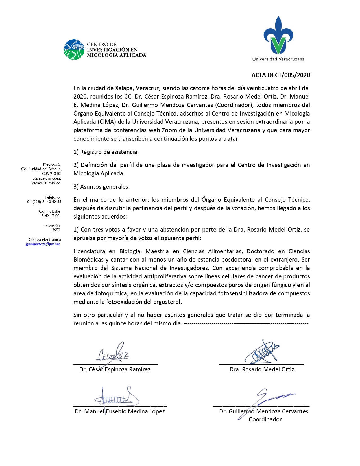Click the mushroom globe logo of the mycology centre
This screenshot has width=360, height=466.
[x=74, y=49]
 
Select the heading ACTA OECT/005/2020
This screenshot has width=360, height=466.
[x=281, y=75]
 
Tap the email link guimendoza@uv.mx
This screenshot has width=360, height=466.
[x=43, y=244]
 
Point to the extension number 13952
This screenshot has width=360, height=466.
[x=55, y=230]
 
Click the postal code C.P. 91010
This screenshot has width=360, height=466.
[x=51, y=173]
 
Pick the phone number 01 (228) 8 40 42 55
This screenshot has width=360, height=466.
[x=44, y=202]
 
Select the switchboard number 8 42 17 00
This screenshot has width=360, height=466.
[x=51, y=216]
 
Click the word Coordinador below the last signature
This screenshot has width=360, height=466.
[x=265, y=419]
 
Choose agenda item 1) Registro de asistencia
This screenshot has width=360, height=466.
[x=106, y=152]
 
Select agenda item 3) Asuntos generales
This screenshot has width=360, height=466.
[x=101, y=187]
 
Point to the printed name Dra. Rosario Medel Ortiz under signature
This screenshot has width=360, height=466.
[x=262, y=369]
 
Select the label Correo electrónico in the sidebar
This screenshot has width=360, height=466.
[x=45, y=239]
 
